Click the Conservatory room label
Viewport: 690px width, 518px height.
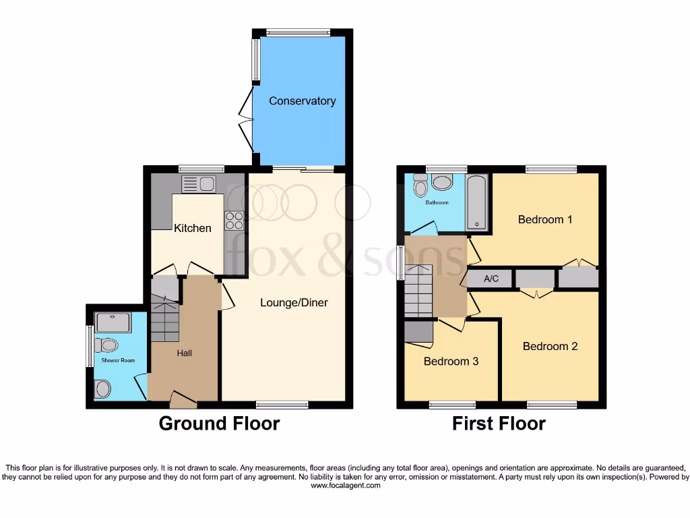(x=302, y=101)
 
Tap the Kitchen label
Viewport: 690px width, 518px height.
(x=193, y=228)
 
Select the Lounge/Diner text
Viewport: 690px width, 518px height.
(x=294, y=303)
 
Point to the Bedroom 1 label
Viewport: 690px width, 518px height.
(x=544, y=219)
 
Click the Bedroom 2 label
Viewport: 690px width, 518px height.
(x=550, y=346)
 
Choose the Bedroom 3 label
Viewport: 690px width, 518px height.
(x=451, y=362)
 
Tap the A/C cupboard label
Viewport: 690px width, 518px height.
(x=491, y=279)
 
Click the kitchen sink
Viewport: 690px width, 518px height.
(x=198, y=183)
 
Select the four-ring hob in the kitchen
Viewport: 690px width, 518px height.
(x=234, y=221)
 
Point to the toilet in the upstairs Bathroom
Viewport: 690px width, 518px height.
(x=421, y=185)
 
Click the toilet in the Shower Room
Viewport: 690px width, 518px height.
(x=105, y=346)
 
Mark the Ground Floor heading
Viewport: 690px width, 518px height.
(x=219, y=424)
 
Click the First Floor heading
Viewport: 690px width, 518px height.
(x=499, y=424)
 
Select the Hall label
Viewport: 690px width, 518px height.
(x=184, y=353)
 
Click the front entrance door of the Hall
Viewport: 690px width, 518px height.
(x=183, y=401)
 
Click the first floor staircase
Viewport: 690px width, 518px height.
(x=418, y=290)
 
